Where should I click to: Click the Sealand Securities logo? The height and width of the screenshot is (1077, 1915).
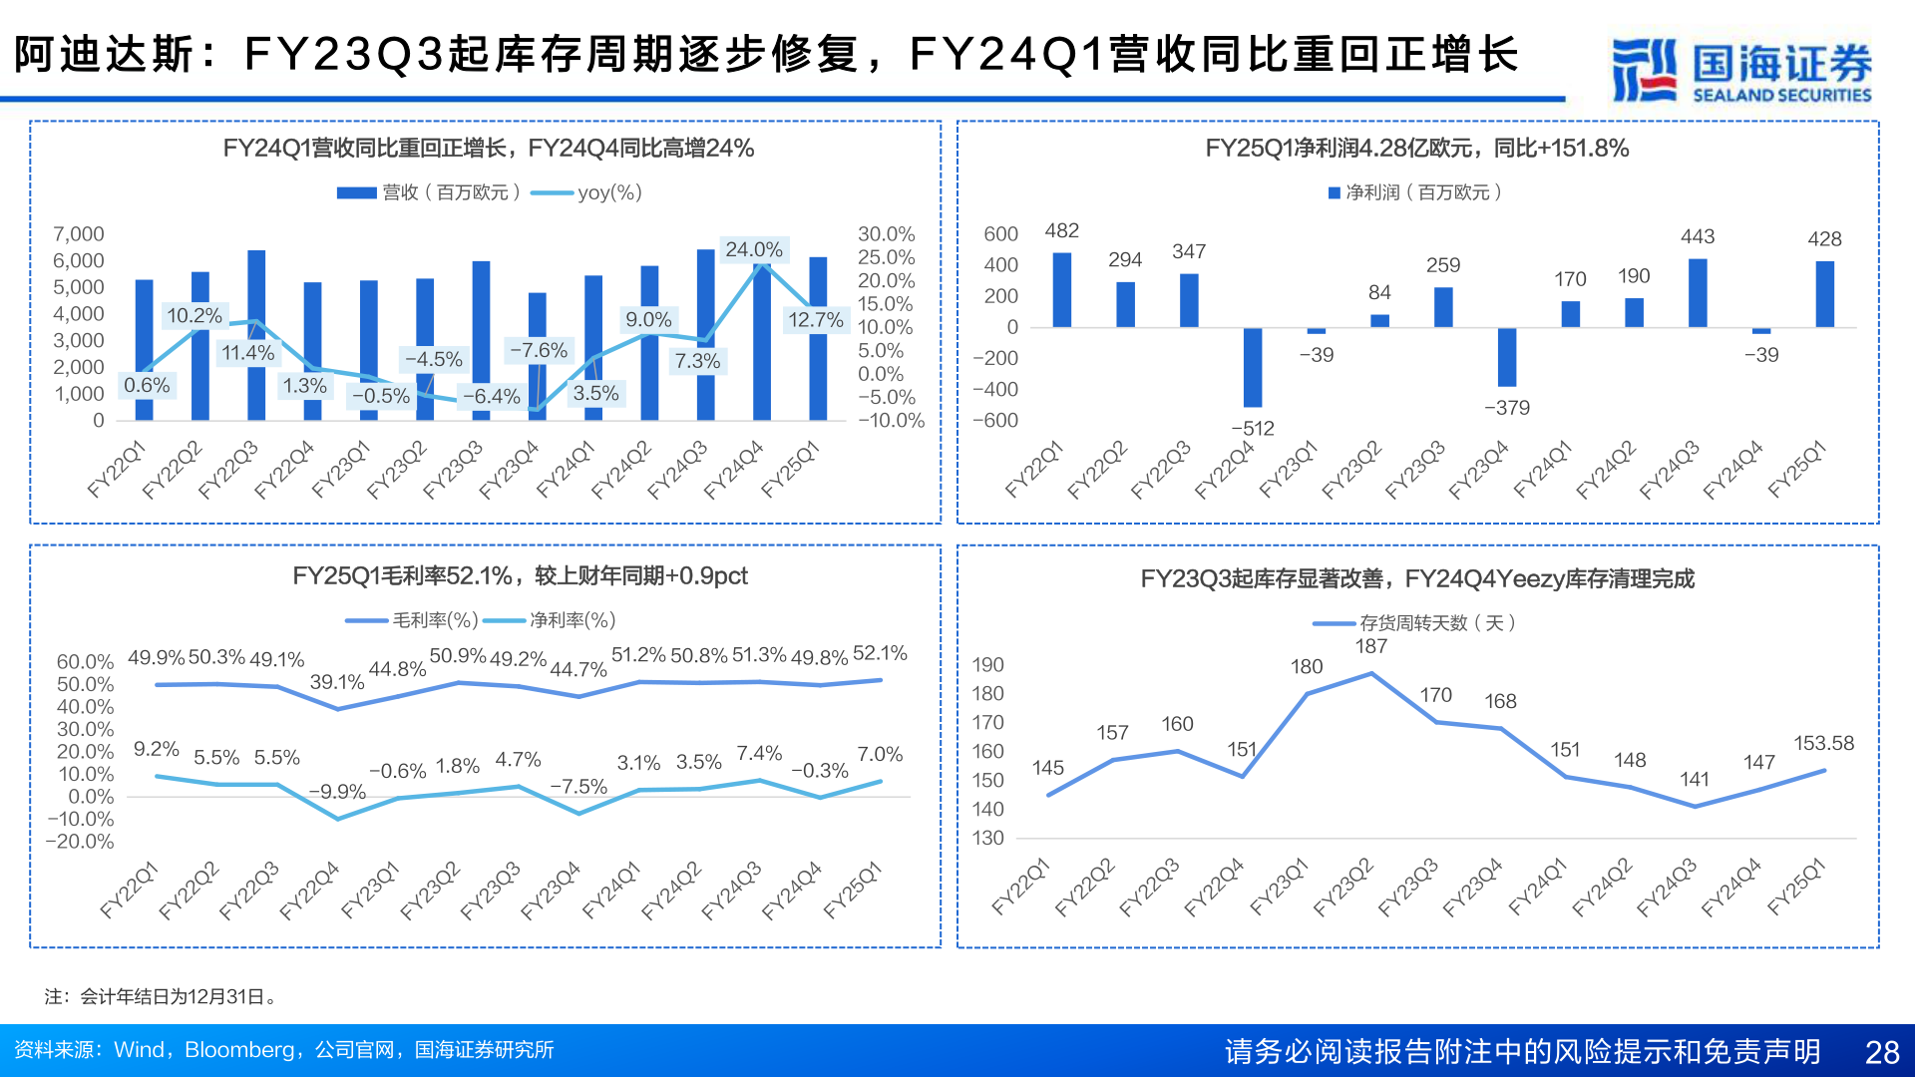pos(1740,70)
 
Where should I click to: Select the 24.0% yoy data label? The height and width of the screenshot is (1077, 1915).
pos(753,249)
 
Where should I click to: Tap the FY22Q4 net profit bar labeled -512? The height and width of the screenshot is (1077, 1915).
pos(1253,367)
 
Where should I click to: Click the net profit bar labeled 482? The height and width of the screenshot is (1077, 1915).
pos(1062,290)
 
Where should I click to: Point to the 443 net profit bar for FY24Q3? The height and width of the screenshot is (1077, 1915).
pos(1698,293)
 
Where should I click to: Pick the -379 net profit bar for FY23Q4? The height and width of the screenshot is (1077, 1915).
pos(1507,357)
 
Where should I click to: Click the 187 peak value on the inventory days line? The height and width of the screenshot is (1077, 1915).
pos(1371,646)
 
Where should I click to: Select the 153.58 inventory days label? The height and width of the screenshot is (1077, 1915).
pos(1823,743)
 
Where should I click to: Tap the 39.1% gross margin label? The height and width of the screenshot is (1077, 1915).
pos(337,682)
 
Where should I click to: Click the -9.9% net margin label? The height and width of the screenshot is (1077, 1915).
pos(337,792)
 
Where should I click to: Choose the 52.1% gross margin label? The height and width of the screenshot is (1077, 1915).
pos(880,653)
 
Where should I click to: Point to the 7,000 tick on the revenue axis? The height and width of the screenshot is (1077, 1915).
pos(79,234)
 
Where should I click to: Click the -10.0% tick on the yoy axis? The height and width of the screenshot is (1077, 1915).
pos(891,421)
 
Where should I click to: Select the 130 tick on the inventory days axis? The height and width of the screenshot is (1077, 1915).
pos(988,839)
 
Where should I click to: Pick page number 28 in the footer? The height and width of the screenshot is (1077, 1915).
pos(1882,1052)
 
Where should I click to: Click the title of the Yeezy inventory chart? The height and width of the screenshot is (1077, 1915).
pos(1417,579)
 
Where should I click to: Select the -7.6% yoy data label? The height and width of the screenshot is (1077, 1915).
pos(539,350)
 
